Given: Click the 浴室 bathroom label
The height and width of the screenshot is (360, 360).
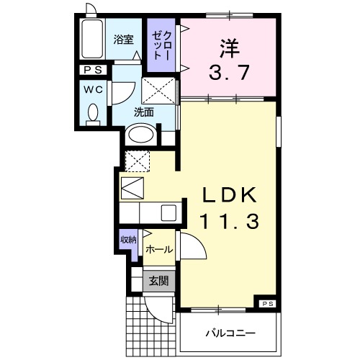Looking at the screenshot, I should [125, 40].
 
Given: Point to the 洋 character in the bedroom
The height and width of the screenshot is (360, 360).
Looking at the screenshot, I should [229, 47].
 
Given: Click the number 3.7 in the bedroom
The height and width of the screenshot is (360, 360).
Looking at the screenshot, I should [229, 72].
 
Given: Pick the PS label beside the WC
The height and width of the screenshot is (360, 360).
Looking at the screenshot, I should [93, 70].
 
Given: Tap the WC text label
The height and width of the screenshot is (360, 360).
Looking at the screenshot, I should [92, 90].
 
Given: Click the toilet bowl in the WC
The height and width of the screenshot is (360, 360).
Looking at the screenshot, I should [93, 113].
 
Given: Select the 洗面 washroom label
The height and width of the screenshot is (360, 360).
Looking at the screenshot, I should [143, 112].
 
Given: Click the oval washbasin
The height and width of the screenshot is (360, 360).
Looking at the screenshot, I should [140, 135].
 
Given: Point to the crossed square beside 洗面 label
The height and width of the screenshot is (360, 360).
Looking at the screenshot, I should [159, 91].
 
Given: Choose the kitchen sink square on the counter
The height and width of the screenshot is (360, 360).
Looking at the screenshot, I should [168, 212].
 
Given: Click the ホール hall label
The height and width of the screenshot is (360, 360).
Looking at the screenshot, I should [158, 250].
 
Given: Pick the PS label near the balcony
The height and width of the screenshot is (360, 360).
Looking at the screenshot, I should [267, 303].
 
